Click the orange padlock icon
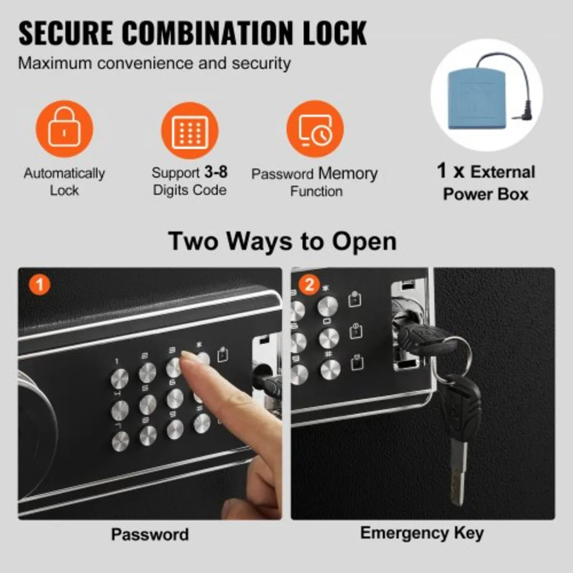point(64,128)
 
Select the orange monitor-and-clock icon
point(315,129)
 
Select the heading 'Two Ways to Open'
point(282,241)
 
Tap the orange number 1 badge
point(40,285)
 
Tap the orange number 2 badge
point(309,285)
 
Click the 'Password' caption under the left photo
point(150,534)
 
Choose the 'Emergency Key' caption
point(422,533)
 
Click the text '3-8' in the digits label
point(216,172)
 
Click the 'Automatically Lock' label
point(64,181)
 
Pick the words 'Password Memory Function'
point(315,182)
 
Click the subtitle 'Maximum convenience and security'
point(154,63)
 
